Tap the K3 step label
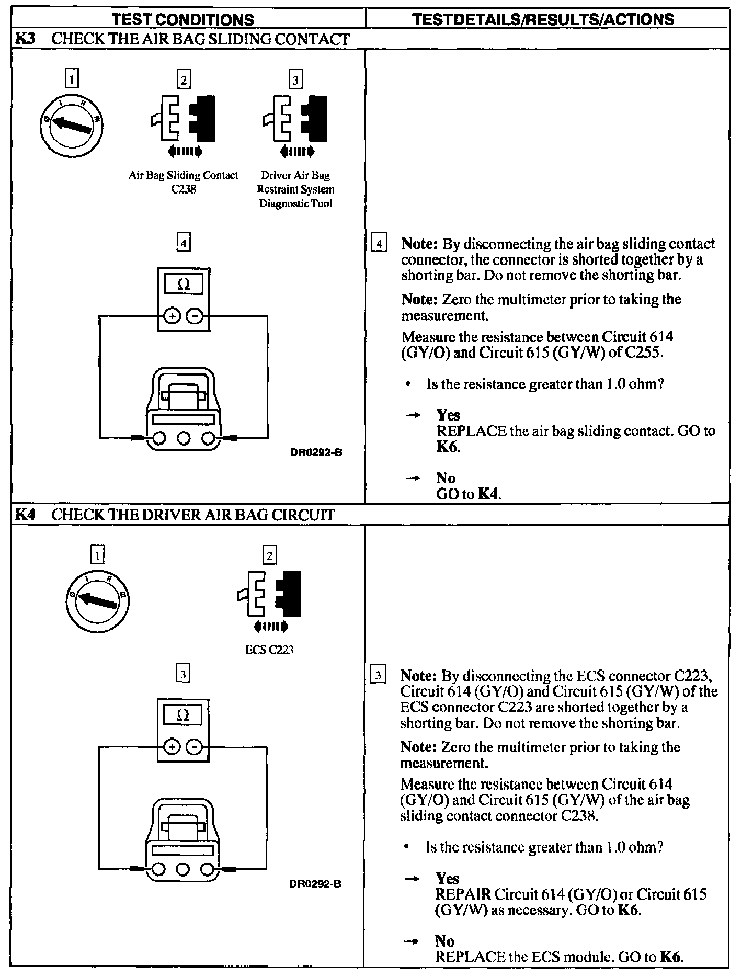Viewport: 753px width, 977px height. pyautogui.click(x=25, y=39)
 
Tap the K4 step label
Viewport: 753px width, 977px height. pyautogui.click(x=25, y=515)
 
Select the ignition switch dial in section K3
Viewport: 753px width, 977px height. pyautogui.click(x=71, y=125)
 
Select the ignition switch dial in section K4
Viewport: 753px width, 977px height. pyautogui.click(x=98, y=600)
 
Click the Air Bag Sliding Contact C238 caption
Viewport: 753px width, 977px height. pyautogui.click(x=184, y=182)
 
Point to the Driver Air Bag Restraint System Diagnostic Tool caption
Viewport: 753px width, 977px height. pyautogui.click(x=296, y=189)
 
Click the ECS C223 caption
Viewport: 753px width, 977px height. pyautogui.click(x=269, y=650)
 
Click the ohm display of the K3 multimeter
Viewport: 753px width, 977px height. pyautogui.click(x=184, y=285)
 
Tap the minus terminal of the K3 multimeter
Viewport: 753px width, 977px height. pyautogui.click(x=195, y=316)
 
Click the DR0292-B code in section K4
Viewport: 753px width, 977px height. pyautogui.click(x=315, y=884)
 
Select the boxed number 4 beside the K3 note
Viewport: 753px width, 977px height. pyautogui.click(x=379, y=244)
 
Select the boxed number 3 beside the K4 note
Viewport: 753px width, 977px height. pyautogui.click(x=378, y=675)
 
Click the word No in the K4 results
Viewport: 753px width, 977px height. pyautogui.click(x=444, y=941)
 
